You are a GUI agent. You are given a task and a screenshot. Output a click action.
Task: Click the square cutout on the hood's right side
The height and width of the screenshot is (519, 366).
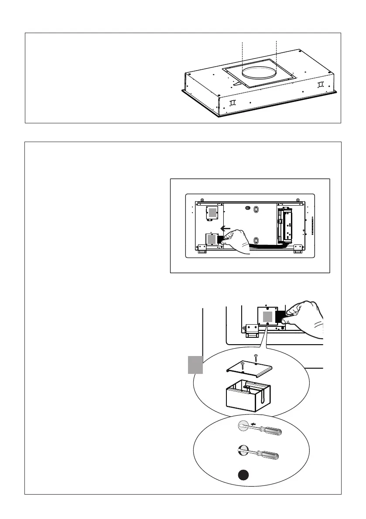[x=321, y=84]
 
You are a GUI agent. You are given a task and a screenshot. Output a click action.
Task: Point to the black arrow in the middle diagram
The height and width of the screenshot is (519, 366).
[x=225, y=228]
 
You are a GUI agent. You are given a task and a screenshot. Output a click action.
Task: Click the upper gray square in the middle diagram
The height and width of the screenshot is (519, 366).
[x=212, y=213]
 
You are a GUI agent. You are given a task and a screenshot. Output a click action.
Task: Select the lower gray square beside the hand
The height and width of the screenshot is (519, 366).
[x=212, y=239]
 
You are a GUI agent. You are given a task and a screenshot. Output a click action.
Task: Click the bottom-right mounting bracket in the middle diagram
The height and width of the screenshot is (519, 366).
[x=298, y=248]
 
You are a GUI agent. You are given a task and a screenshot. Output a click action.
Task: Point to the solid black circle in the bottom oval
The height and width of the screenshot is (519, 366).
[x=244, y=476]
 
